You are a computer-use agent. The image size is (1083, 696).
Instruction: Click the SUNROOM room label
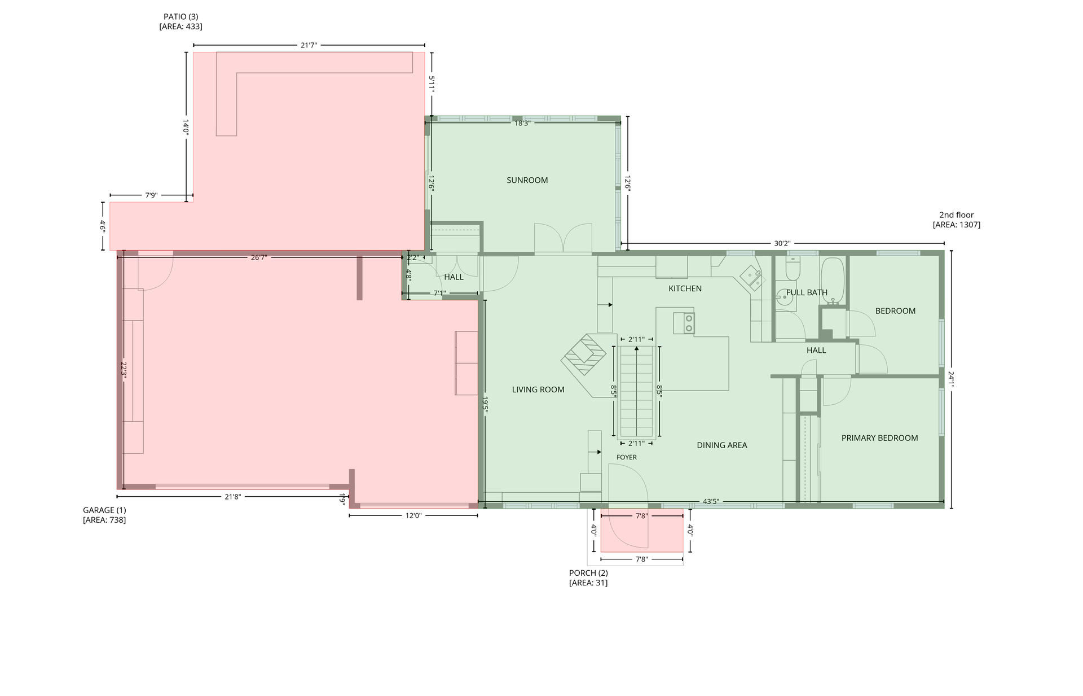tap(527, 181)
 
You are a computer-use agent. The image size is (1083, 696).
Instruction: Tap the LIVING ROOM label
tap(538, 389)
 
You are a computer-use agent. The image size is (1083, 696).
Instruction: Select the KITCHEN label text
tap(685, 288)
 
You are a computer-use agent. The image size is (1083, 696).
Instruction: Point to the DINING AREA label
tap(721, 445)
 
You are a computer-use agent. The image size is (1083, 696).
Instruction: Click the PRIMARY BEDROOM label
tap(879, 438)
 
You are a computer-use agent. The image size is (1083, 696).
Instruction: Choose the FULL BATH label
tap(807, 292)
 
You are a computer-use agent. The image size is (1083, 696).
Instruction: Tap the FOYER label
tap(626, 457)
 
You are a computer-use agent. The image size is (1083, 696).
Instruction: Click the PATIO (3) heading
tap(180, 17)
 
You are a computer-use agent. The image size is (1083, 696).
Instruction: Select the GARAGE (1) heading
tap(104, 510)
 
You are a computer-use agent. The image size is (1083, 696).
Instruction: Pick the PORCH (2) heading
tap(588, 573)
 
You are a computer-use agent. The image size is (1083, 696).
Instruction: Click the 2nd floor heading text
tap(956, 215)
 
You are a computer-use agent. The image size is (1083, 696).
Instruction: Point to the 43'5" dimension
tap(711, 501)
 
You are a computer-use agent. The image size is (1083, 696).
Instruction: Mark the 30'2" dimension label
tap(782, 244)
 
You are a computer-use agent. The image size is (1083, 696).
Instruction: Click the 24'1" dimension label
tap(952, 379)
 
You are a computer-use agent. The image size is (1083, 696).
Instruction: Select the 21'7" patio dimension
tap(309, 45)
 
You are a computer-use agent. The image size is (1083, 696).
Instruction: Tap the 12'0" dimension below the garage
tap(413, 515)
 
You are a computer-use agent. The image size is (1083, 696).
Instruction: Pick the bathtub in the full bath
tap(833, 281)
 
